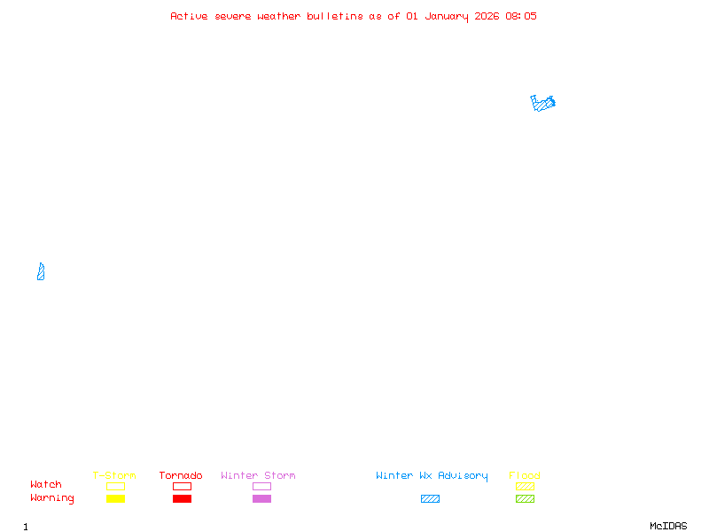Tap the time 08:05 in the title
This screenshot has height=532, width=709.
pyautogui.click(x=521, y=16)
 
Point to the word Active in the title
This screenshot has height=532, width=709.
pyautogui.click(x=189, y=16)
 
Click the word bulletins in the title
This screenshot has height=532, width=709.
pyautogui.click(x=334, y=16)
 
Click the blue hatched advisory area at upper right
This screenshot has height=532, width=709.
pyautogui.click(x=542, y=103)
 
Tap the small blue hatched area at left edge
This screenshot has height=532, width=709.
pyautogui.click(x=41, y=272)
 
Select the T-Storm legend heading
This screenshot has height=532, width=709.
pyautogui.click(x=114, y=476)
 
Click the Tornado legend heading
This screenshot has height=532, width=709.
pyautogui.click(x=181, y=476)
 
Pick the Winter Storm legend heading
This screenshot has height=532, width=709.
pyautogui.click(x=258, y=476)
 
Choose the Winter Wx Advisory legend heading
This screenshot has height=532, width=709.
pyautogui.click(x=432, y=476)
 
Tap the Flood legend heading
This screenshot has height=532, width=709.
pyautogui.click(x=525, y=476)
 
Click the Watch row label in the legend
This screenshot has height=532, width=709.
pyautogui.click(x=46, y=485)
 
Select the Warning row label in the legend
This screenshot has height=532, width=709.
pyautogui.click(x=52, y=498)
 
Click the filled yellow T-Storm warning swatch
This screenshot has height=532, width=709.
pyautogui.click(x=115, y=499)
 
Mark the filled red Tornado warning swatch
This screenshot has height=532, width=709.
pyautogui.click(x=182, y=499)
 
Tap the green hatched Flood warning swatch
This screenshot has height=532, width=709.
pyautogui.click(x=525, y=499)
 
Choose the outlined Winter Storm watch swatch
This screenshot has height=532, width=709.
pyautogui.click(x=261, y=487)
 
